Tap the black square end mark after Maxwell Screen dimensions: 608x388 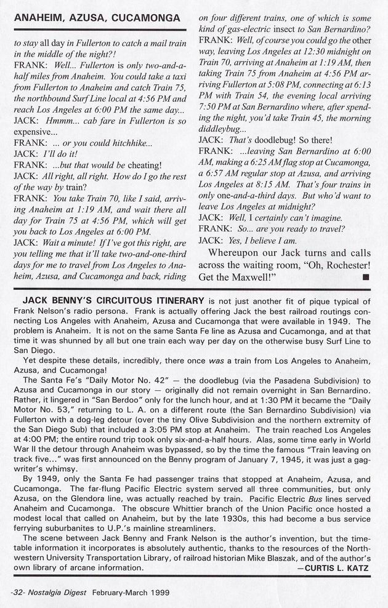(x=366, y=277)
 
